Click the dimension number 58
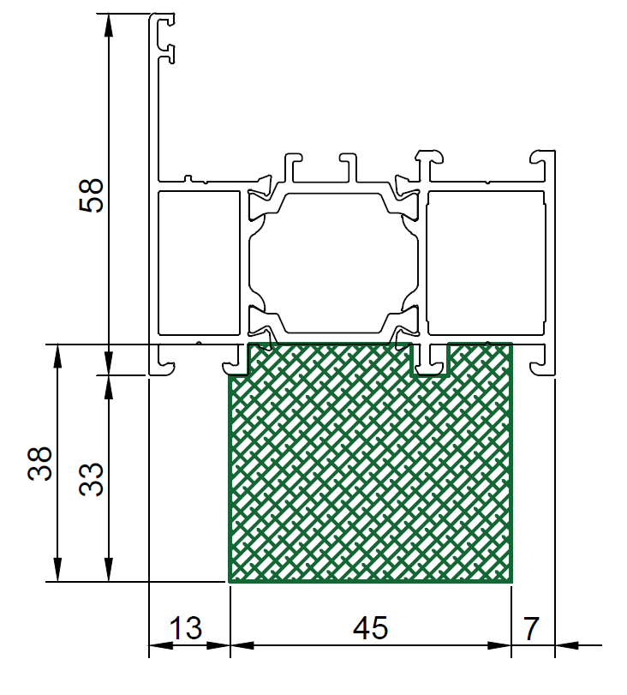click(x=92, y=195)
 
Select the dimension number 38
click(x=40, y=463)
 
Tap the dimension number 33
click(x=92, y=479)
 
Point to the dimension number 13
click(x=186, y=627)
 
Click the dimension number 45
click(x=370, y=627)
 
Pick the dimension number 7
click(x=531, y=627)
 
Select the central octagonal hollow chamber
click(x=333, y=263)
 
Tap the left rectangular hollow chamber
click(x=199, y=263)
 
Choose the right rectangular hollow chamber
click(x=486, y=263)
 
